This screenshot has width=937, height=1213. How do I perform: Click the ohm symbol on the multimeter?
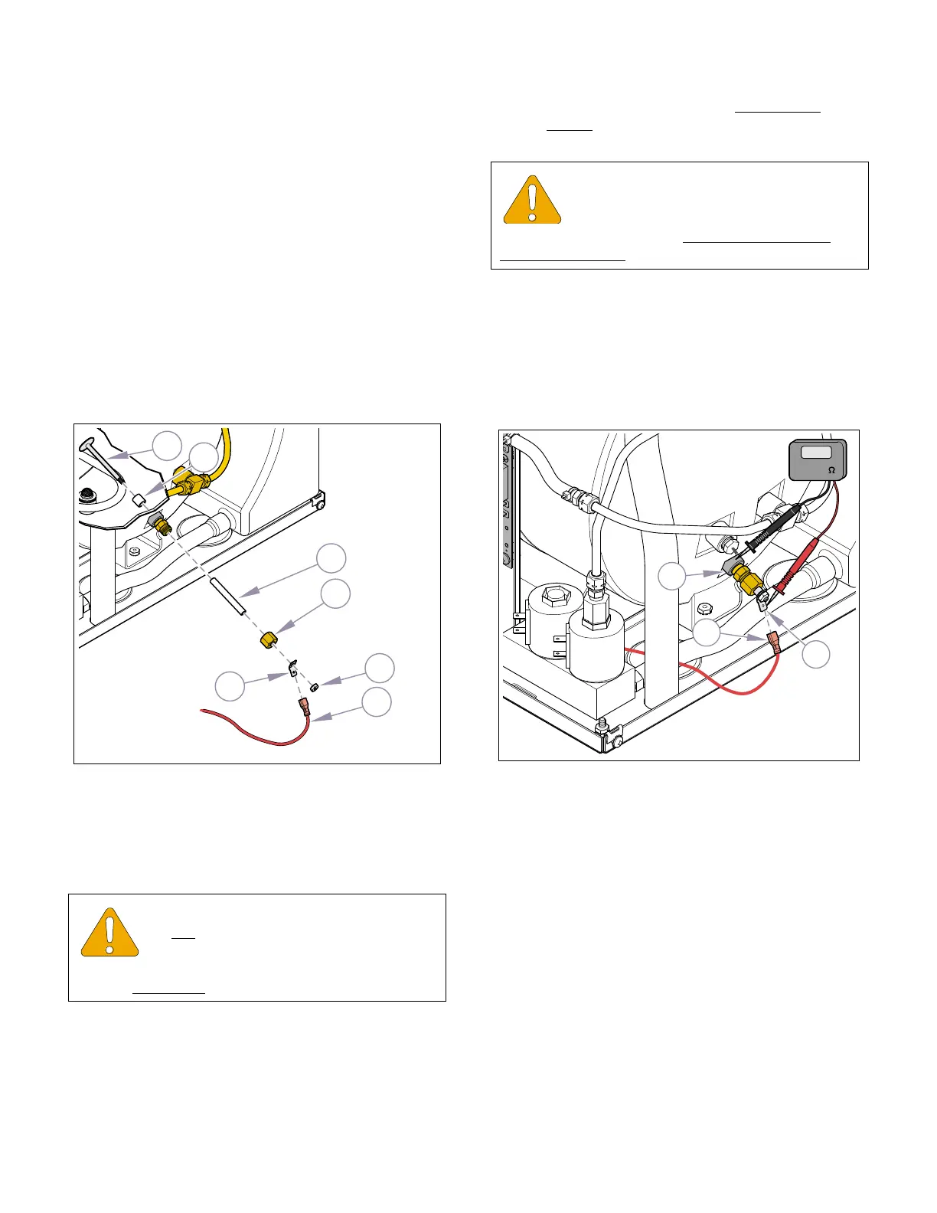click(x=831, y=469)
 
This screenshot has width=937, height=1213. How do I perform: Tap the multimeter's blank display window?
click(x=816, y=453)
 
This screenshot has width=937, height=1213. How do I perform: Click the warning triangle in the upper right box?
click(x=532, y=200)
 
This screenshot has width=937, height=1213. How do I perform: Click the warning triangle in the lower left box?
click(x=110, y=933)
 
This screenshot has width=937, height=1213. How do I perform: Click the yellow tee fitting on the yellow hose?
click(x=194, y=482)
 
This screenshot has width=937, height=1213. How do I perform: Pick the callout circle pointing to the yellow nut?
click(x=335, y=594)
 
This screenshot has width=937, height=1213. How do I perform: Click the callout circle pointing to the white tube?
click(x=331, y=559)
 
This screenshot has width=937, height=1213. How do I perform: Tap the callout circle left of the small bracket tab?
click(x=230, y=686)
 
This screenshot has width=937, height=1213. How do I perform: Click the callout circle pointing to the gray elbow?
click(x=672, y=576)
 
